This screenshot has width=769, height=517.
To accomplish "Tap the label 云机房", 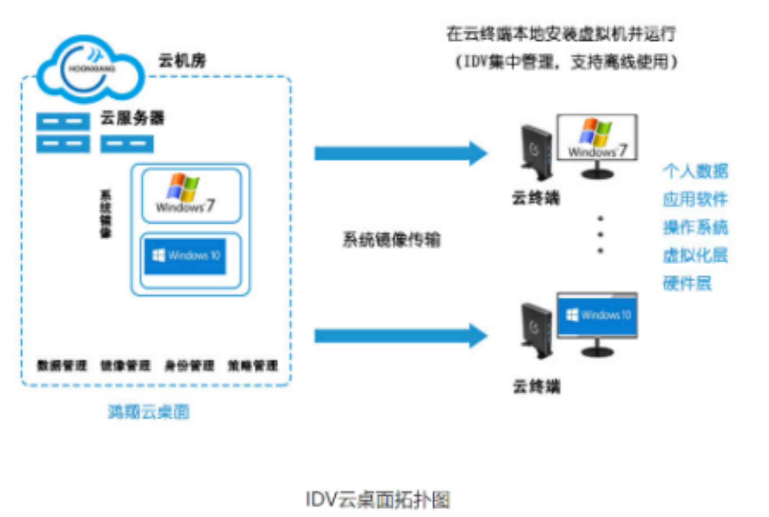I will pos(182,60).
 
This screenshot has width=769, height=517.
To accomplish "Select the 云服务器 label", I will pos(132,118).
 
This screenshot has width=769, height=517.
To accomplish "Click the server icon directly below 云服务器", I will pos(127,144).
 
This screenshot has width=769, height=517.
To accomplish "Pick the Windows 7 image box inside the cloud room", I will pos(192,196).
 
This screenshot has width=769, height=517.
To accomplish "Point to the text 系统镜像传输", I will pos(391,239).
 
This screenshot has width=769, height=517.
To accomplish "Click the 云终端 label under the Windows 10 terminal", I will pos(537,387).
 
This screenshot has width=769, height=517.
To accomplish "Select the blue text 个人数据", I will pos(695,171).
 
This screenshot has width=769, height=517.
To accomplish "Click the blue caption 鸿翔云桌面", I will pos(149,411).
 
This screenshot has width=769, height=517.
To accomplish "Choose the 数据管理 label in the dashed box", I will pos(62,365).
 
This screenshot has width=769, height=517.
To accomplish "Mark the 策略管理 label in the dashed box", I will pos(253,365).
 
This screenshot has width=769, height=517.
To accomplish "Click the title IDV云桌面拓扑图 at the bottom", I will pos(378,499).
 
